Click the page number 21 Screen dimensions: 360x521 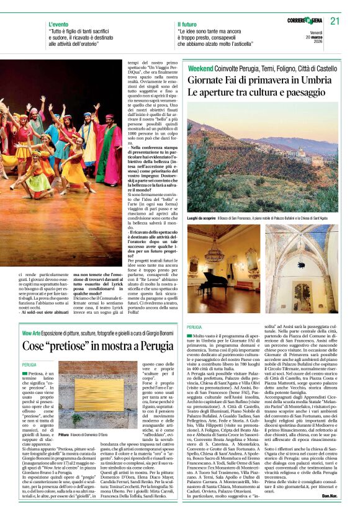click(336, 21)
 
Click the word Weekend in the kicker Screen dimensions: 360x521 click(200, 68)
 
